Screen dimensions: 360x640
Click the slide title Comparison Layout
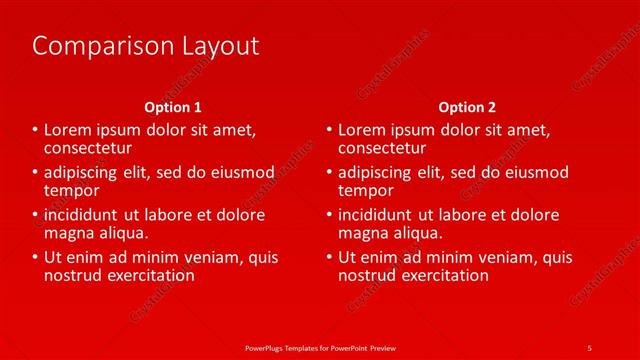pos(146,46)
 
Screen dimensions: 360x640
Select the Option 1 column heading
pos(173,107)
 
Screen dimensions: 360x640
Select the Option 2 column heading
pos(467,107)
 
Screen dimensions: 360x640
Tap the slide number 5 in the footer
pos(590,347)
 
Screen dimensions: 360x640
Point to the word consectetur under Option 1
pos(89,147)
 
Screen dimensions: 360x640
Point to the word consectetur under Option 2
pos(383,147)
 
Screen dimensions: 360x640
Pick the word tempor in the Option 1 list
pos(72,190)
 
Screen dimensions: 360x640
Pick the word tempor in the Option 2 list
pos(366,190)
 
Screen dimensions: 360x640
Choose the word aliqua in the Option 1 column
pos(121,233)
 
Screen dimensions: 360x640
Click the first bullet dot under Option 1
pos(35,130)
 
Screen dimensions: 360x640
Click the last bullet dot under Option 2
pos(329,257)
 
